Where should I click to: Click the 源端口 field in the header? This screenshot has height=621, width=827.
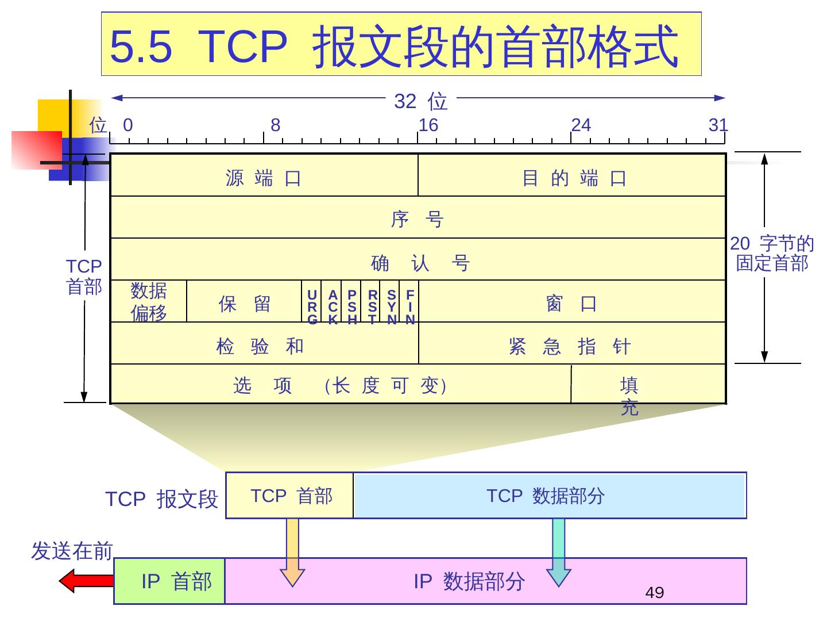(x=264, y=178)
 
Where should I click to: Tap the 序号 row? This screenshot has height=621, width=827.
(x=418, y=218)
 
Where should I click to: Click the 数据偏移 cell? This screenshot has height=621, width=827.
(x=149, y=302)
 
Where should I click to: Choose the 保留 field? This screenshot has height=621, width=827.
(x=244, y=303)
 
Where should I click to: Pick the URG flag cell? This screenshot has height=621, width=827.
(x=312, y=306)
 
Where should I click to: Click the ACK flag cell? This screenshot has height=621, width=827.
(x=332, y=306)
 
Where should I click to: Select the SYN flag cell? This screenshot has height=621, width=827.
(x=391, y=306)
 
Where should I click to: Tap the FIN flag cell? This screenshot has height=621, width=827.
(x=409, y=306)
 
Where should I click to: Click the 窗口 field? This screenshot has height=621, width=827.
(x=571, y=303)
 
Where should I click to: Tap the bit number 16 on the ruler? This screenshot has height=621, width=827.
(x=428, y=125)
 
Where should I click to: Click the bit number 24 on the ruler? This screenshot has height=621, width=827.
(x=581, y=125)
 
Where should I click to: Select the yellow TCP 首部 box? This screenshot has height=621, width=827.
(x=290, y=496)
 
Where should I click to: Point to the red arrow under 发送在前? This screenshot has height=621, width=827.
(x=86, y=581)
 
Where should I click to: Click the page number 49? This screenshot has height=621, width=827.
(x=655, y=592)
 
